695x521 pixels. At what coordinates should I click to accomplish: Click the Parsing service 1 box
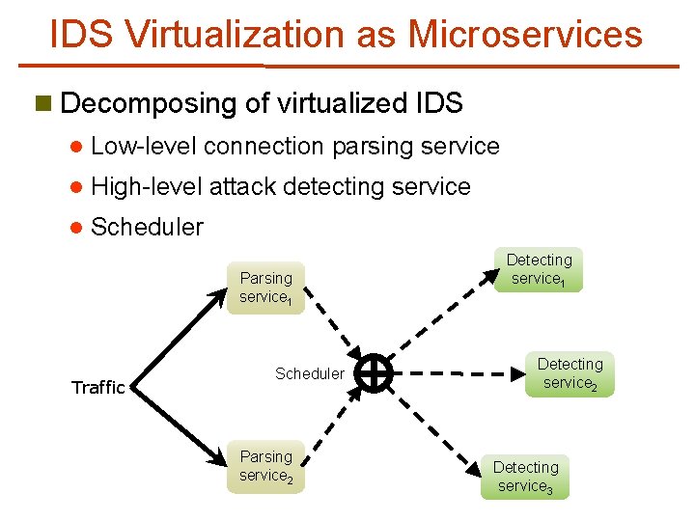pyautogui.click(x=265, y=287)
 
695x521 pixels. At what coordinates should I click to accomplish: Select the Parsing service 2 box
pyautogui.click(x=265, y=466)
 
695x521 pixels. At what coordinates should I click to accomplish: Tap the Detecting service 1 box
pyautogui.click(x=539, y=269)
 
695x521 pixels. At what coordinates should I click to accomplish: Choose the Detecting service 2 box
pyautogui.click(x=570, y=373)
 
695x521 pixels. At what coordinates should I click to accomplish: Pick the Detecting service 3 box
pyautogui.click(x=525, y=477)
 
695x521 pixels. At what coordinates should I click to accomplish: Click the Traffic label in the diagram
pyautogui.click(x=98, y=388)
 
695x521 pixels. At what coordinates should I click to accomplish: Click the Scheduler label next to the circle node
pyautogui.click(x=309, y=373)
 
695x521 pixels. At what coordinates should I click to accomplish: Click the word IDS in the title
pyautogui.click(x=82, y=34)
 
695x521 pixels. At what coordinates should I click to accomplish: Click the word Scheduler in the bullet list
pyautogui.click(x=147, y=228)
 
